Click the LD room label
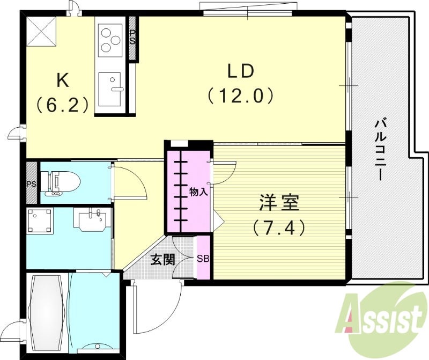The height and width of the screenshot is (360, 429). coord(240,71)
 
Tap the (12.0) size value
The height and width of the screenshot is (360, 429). coord(241,96)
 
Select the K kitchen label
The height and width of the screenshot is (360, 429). coord(63,80)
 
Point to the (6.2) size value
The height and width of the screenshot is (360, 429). coord(63,104)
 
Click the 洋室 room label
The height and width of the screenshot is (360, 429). coord(278,204)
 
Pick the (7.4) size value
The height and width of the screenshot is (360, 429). coord(279,228)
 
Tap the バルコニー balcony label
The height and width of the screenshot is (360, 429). coord(380,150)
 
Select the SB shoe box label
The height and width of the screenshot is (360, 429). coord(203,258)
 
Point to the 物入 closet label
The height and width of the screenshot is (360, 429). coord(198,192)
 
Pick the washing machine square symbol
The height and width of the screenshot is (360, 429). coord(41,221)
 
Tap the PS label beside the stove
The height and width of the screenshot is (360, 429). coord(132,38)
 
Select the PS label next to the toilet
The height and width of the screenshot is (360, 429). coord(31,184)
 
